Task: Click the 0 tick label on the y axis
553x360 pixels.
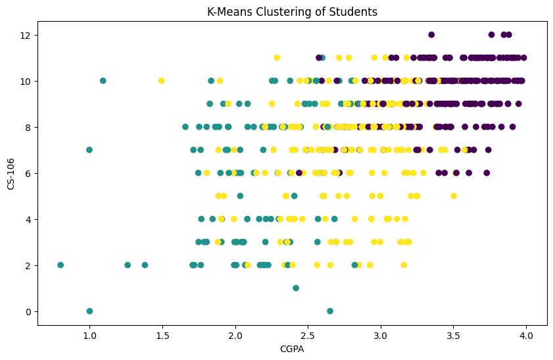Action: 28,311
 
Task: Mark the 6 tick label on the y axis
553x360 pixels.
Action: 28,173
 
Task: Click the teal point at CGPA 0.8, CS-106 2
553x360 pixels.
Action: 60,265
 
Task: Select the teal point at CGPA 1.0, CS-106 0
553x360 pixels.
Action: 89,311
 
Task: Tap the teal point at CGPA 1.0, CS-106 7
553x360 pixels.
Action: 89,150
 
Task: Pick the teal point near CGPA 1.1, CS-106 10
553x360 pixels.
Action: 103,81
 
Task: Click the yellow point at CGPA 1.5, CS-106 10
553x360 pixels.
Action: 161,81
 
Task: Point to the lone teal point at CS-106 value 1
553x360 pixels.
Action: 296,288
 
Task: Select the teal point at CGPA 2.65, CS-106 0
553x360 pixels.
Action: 330,311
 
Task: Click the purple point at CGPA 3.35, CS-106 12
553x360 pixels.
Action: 431,35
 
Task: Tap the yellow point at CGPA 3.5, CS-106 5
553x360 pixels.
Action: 453,196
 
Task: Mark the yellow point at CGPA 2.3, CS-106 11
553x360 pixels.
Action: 277,58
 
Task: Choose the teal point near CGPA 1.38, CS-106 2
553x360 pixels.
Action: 145,265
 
